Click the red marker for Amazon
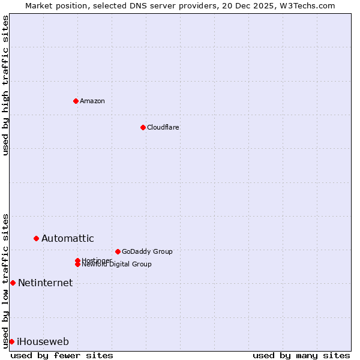click(x=76, y=101)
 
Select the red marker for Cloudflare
click(x=143, y=127)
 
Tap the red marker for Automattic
click(x=36, y=238)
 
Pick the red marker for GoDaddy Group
click(x=118, y=251)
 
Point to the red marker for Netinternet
click(x=13, y=283)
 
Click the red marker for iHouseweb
click(x=11, y=341)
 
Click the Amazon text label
click(x=92, y=101)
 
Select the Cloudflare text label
click(x=163, y=127)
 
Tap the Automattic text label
click(x=67, y=238)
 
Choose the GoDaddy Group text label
click(x=147, y=251)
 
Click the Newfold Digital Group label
click(x=116, y=265)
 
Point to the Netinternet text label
click(x=45, y=283)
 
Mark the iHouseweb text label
click(x=43, y=341)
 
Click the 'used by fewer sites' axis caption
click(x=62, y=355)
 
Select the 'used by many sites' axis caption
click(x=301, y=355)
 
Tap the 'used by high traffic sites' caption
click(x=5, y=85)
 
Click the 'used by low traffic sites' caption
click(x=5, y=280)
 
